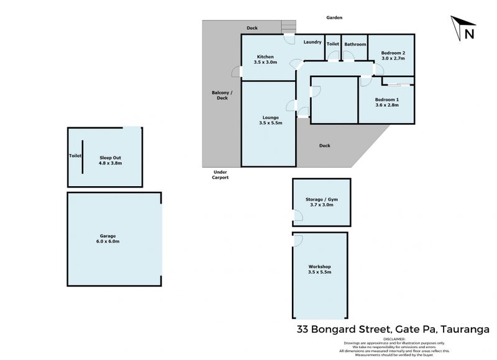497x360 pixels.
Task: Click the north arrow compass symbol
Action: pyautogui.click(x=463, y=29)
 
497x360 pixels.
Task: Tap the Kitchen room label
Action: pyautogui.click(x=264, y=60)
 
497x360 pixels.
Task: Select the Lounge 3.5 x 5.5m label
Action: pyautogui.click(x=270, y=120)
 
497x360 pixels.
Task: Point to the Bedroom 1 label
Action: pyautogui.click(x=387, y=102)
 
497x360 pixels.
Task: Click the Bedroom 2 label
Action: pyautogui.click(x=393, y=56)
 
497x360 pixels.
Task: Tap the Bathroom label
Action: pyautogui.click(x=355, y=44)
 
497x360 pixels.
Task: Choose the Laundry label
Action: pyautogui.click(x=312, y=42)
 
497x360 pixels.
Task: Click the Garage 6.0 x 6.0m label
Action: pyautogui.click(x=107, y=239)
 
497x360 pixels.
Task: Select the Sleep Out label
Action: pyautogui.click(x=110, y=161)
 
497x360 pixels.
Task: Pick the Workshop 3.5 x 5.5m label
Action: pyautogui.click(x=319, y=269)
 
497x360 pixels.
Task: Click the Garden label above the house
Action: pyautogui.click(x=334, y=18)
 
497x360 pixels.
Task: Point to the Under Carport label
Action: pyautogui.click(x=221, y=174)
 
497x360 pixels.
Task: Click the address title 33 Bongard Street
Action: pyautogui.click(x=392, y=328)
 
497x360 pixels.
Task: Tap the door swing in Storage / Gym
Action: pyautogui.click(x=298, y=217)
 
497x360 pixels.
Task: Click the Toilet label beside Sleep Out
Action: pyautogui.click(x=75, y=156)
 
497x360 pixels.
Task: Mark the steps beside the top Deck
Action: pyautogui.click(x=288, y=27)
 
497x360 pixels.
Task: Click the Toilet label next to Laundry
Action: pyautogui.click(x=333, y=44)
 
